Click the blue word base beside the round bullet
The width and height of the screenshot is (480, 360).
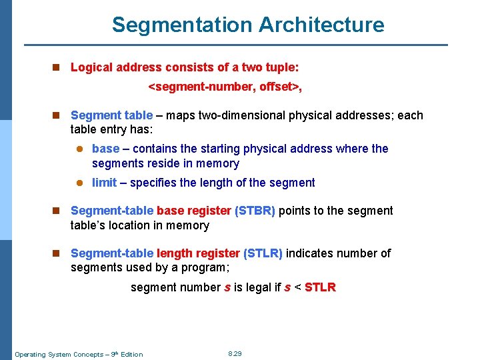coord(105,149)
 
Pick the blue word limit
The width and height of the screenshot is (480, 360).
coord(104,183)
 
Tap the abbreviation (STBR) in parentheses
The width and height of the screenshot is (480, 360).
coord(255,211)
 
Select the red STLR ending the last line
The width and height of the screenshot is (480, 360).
coord(320,287)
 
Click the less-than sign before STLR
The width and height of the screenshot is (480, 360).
coord(297,288)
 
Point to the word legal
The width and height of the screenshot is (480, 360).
coord(257,287)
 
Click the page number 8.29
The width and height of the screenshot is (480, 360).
coord(235,353)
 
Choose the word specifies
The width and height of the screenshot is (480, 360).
coord(154,183)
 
